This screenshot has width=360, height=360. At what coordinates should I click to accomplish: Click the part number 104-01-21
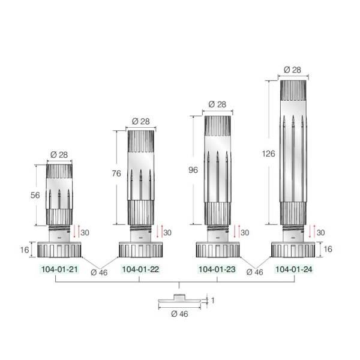click(59, 269)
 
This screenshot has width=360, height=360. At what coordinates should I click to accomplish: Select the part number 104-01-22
click(140, 269)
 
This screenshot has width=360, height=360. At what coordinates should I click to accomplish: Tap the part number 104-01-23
click(217, 269)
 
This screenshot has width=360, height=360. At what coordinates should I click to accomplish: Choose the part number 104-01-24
click(294, 269)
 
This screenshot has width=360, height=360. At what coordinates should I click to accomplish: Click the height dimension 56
click(35, 195)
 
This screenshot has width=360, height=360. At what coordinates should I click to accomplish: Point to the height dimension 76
click(116, 173)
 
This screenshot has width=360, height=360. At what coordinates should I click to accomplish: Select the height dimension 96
click(193, 170)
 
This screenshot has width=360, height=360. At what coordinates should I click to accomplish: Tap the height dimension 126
click(269, 154)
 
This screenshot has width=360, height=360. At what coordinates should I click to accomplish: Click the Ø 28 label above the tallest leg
click(292, 70)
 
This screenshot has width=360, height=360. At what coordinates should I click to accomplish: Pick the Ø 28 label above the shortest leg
click(59, 155)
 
